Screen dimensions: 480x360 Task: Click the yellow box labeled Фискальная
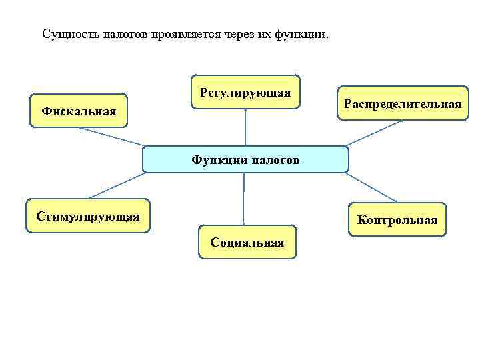[x=79, y=110]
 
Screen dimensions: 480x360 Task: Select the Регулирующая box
[x=245, y=92]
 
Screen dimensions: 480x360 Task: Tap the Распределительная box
[x=402, y=103]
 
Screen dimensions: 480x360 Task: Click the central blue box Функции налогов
[x=245, y=159]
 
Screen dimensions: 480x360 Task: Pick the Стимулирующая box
[x=88, y=215]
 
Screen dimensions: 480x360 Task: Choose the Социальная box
[x=247, y=241]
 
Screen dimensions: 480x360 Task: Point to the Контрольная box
[x=397, y=219]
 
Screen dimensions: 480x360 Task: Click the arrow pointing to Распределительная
[x=373, y=133]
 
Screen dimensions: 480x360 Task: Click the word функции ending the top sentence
[x=303, y=33]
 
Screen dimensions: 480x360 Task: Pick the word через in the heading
[x=247, y=33]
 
